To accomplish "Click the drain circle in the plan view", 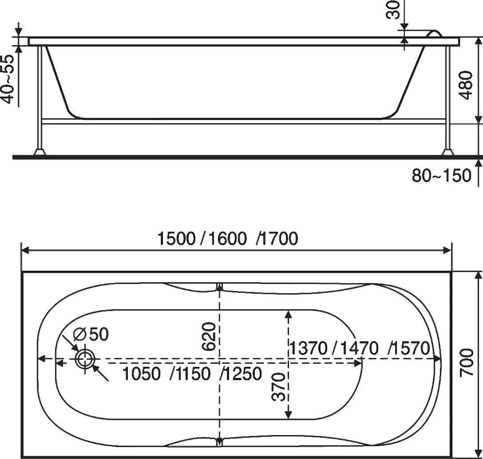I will [x=83, y=359].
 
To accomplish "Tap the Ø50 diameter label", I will [x=91, y=334].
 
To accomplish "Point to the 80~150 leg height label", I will [x=441, y=176].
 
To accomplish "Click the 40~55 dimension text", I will [x=9, y=79].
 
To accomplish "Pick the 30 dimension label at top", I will [x=393, y=10].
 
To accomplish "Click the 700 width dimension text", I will [x=467, y=362].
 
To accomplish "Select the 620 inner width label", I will [x=210, y=336].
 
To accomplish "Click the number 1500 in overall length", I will [x=176, y=239].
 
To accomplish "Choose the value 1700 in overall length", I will [x=279, y=239].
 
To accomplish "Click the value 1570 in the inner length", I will [x=410, y=348].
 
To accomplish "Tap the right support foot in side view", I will [x=448, y=152].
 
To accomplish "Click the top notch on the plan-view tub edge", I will [x=219, y=287].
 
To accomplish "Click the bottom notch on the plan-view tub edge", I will [x=219, y=441].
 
